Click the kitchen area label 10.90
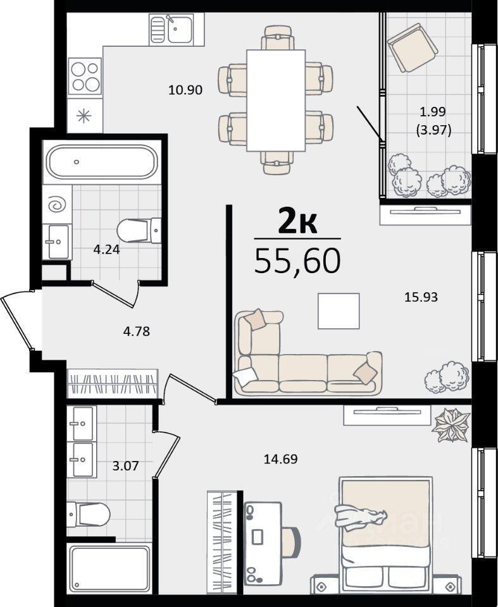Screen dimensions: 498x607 click(185, 90)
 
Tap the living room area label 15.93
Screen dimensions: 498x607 click(421, 297)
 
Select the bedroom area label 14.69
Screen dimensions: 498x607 click(280, 459)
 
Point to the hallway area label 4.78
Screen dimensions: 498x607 click(137, 331)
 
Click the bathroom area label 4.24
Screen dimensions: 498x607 click(106, 249)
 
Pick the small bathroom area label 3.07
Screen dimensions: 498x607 click(125, 465)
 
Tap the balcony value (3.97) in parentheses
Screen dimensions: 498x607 click(433, 130)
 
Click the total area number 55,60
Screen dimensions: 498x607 click(297, 261)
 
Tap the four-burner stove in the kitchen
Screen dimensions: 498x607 click(85, 77)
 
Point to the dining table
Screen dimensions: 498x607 click(276, 101)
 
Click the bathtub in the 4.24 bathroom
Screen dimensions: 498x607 click(101, 162)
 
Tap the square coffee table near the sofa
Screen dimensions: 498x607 click(339, 311)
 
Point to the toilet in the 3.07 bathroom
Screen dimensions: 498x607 click(89, 515)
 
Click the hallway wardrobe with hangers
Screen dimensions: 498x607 click(113, 383)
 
